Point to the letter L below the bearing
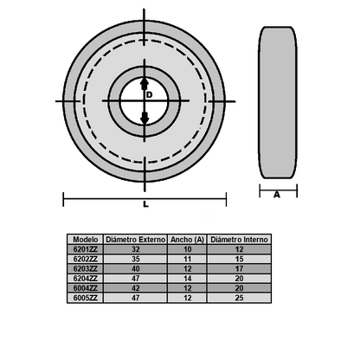tap(146, 205)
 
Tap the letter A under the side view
tap(277, 195)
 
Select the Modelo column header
tap(85, 238)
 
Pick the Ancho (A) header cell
tap(187, 238)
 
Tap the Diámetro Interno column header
tap(240, 238)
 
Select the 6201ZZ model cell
tap(85, 248)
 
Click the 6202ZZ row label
tap(85, 258)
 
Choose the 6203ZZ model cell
tap(85, 268)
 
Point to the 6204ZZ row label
tap(85, 278)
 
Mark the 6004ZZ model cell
tap(85, 287)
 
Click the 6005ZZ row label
tap(85, 297)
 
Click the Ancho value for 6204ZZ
tap(187, 278)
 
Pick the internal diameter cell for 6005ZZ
tap(240, 297)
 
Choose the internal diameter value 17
tap(240, 268)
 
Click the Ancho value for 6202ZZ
tap(187, 258)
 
